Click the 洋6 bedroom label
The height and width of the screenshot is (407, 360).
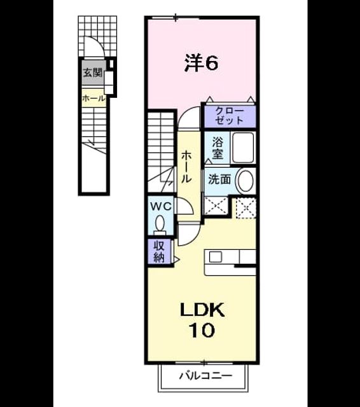201,63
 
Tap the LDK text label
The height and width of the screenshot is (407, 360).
202,310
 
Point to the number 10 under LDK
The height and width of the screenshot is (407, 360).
202,330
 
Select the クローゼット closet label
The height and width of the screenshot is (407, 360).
230,116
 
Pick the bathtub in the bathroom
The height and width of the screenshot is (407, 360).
243,148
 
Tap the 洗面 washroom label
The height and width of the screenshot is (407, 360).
219,179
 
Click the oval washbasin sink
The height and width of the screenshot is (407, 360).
245,181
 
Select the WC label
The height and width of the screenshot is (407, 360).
161,207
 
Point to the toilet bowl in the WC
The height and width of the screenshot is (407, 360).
160,224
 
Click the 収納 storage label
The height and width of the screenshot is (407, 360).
159,251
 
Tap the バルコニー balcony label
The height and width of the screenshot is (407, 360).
206,375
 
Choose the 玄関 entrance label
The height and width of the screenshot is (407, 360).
93,72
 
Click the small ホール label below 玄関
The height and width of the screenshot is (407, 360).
93,99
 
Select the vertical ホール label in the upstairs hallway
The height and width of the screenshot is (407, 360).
186,167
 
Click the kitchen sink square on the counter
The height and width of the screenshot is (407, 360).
216,257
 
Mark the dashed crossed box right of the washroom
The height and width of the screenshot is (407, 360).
246,208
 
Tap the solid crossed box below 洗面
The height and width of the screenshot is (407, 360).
217,206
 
